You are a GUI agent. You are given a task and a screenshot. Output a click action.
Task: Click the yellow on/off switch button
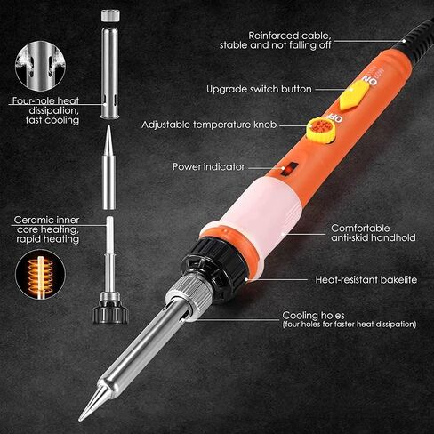click(354, 95)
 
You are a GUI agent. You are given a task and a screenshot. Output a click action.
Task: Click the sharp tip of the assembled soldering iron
click(80, 420)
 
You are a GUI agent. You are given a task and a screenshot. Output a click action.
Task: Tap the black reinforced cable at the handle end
click(415, 38)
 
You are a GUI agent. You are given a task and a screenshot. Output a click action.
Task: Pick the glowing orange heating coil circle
click(41, 274)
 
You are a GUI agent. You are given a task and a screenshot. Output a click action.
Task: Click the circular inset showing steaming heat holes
click(41, 66)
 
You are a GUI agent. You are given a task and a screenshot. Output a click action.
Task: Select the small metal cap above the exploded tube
click(110, 15)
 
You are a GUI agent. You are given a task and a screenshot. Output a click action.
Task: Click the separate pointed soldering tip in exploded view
click(108, 167)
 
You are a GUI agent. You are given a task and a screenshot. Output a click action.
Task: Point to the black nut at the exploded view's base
click(110, 313)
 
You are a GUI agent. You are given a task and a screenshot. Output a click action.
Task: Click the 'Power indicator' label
click(208, 167)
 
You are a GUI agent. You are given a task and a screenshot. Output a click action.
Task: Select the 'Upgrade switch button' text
click(259, 89)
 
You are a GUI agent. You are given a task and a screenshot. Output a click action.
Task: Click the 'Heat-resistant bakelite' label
click(366, 279)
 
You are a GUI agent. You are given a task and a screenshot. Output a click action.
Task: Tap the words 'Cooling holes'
click(313, 315)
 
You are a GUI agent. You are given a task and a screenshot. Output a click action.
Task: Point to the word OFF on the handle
click(335, 117)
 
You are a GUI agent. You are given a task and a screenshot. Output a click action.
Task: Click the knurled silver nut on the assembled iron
click(189, 294)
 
